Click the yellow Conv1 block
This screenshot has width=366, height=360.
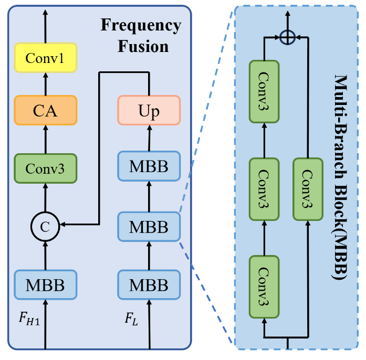[45, 58]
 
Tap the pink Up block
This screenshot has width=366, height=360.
[149, 111]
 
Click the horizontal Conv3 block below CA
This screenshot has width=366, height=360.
[45, 168]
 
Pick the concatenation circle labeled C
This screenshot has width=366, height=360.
[45, 226]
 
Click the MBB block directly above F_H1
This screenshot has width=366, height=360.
[45, 285]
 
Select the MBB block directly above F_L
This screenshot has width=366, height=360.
[149, 285]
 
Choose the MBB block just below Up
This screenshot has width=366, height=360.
[149, 166]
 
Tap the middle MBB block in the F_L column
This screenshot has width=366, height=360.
[149, 226]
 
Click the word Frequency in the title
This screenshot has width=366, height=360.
[141, 25]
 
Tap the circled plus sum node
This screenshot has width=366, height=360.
[286, 37]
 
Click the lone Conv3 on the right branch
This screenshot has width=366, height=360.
[308, 188]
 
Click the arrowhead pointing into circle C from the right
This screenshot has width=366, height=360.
[61, 226]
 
